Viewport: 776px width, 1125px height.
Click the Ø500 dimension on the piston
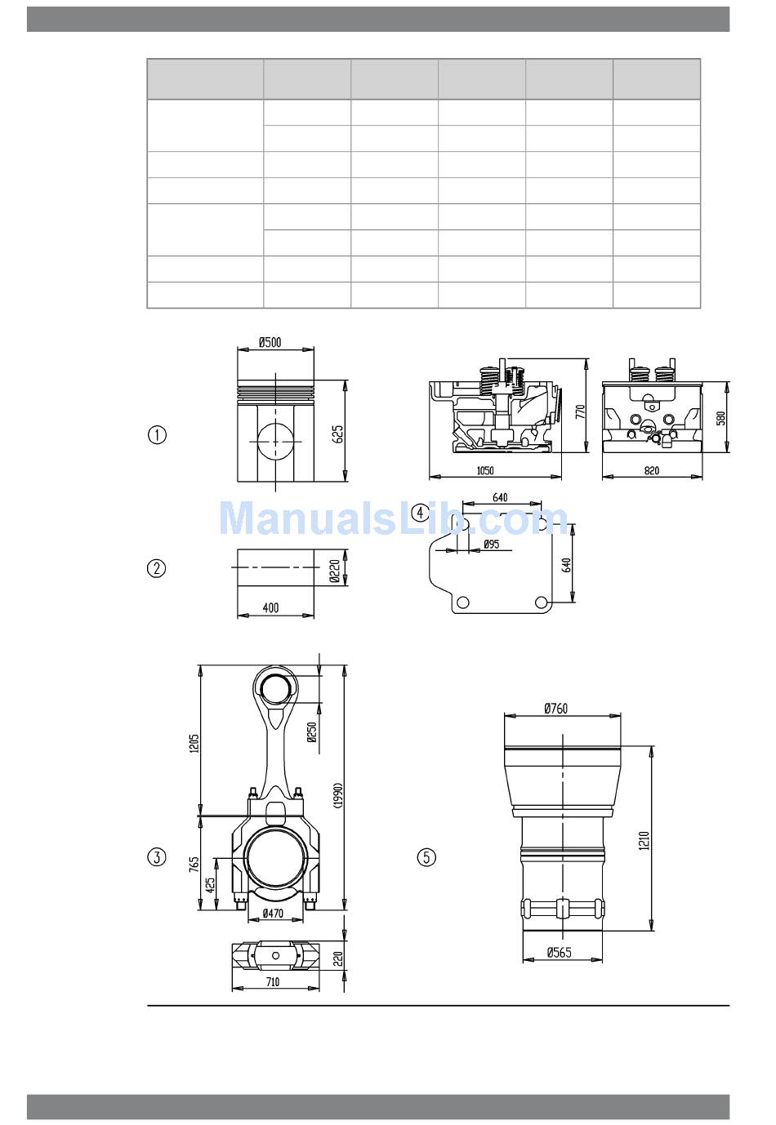(x=270, y=343)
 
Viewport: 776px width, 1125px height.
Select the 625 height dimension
(x=338, y=434)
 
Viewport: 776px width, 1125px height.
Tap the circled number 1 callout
(x=157, y=434)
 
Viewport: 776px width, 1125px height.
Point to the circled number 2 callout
(x=156, y=568)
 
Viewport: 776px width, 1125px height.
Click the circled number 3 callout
(x=157, y=856)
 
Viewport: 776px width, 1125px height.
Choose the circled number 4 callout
(x=420, y=513)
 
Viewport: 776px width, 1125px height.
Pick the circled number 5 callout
(x=426, y=856)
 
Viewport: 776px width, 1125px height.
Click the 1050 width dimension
(x=485, y=470)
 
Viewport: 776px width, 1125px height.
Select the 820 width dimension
(x=651, y=470)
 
